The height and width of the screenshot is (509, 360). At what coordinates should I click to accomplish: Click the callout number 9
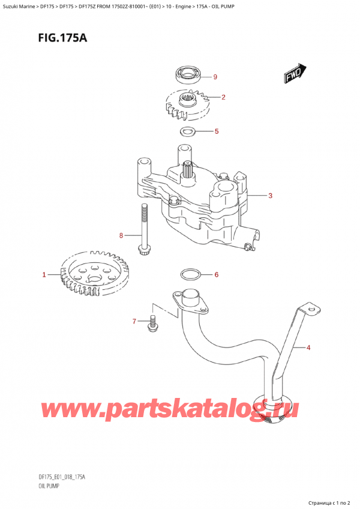pyautogui.click(x=215, y=76)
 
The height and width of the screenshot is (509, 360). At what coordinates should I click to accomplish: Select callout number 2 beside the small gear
pyautogui.click(x=223, y=97)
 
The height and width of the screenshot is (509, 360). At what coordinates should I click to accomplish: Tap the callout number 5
pyautogui.click(x=216, y=131)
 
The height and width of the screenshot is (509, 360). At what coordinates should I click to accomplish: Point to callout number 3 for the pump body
pyautogui.click(x=271, y=196)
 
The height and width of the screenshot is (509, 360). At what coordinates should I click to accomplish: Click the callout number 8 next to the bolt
pyautogui.click(x=121, y=235)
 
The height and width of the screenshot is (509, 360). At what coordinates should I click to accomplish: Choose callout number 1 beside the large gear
pyautogui.click(x=44, y=276)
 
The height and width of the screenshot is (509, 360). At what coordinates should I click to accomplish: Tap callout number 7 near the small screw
pyautogui.click(x=134, y=322)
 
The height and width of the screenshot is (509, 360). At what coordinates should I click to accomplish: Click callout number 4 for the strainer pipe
pyautogui.click(x=308, y=347)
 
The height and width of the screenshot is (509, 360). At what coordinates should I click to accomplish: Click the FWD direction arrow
pyautogui.click(x=293, y=74)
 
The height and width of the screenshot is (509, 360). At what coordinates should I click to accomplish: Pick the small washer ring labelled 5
pyautogui.click(x=187, y=131)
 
